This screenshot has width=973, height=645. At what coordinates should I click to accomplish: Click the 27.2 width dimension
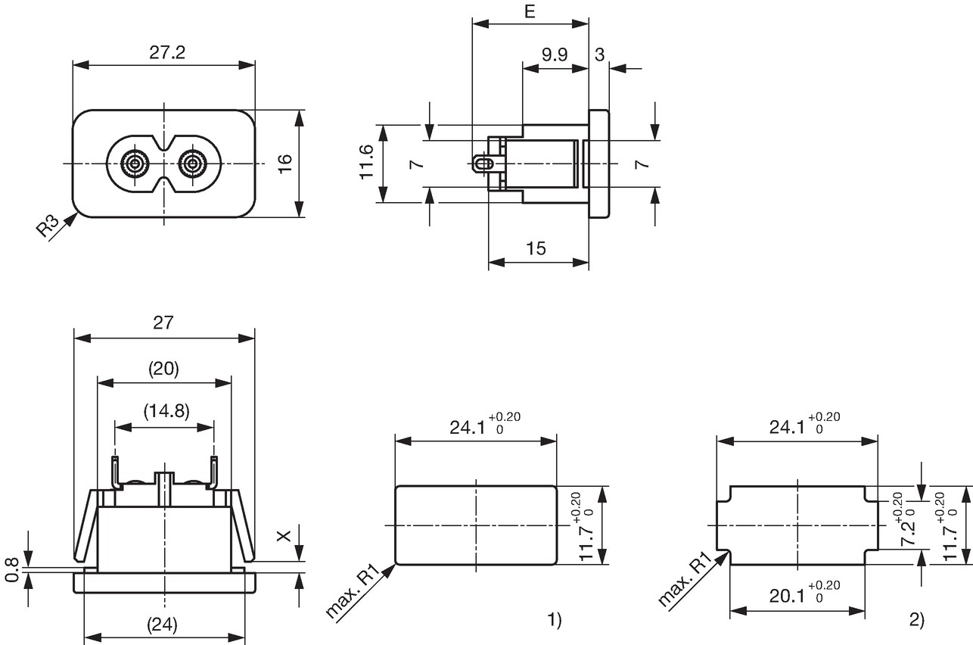[167, 52]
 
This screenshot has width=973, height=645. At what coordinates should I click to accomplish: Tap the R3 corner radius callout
[47, 226]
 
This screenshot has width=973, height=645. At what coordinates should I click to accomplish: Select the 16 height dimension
[285, 164]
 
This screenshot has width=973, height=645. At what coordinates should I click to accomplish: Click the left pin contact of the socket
[135, 164]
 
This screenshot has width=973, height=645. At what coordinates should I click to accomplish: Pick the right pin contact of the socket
[191, 164]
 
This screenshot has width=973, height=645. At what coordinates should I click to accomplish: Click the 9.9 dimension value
[555, 55]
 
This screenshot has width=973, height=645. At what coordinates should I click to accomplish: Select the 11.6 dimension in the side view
[367, 162]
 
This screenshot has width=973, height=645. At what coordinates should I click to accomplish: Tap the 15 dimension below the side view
[536, 248]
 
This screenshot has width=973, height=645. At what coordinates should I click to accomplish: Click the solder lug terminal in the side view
[483, 164]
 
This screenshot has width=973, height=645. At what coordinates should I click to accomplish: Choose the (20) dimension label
[163, 369]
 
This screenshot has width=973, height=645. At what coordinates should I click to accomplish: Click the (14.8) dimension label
[166, 411]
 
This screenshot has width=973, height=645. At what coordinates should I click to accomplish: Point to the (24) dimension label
[163, 625]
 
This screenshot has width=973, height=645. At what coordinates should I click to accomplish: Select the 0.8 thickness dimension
[12, 571]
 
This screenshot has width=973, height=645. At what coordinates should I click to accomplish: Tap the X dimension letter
[284, 537]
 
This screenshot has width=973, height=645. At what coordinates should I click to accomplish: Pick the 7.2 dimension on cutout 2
[908, 531]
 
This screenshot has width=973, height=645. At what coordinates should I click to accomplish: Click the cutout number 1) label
[555, 620]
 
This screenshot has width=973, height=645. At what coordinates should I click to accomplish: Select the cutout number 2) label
[917, 620]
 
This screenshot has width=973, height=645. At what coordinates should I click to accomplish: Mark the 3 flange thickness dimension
[599, 55]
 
